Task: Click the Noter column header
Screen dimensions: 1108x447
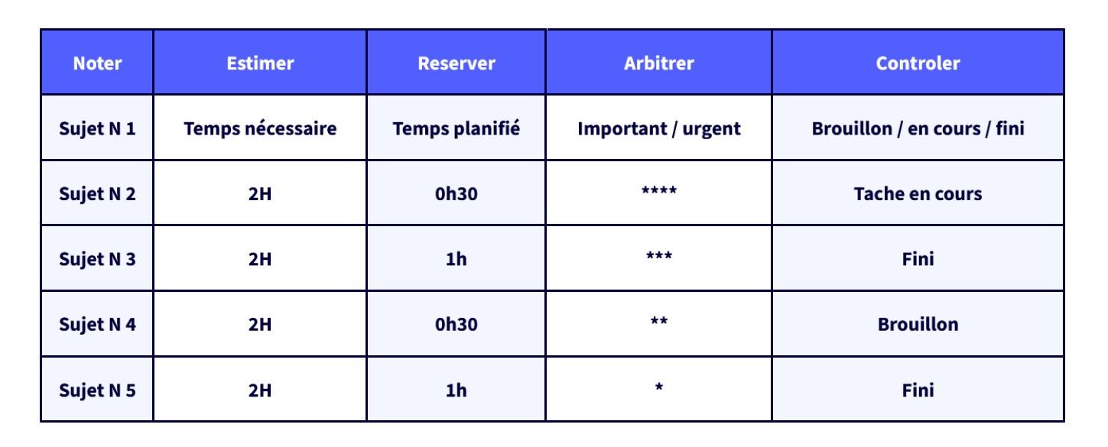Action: [x=97, y=63]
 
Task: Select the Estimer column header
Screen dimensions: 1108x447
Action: [x=260, y=63]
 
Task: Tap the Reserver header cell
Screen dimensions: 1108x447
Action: [x=456, y=63]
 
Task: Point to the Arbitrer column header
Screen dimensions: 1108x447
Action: [x=659, y=63]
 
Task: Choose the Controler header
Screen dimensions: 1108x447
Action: [x=918, y=63]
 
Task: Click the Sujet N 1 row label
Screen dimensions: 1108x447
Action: [x=97, y=129]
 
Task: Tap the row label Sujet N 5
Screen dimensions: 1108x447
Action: [x=97, y=390]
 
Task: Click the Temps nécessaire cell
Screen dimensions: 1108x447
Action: [x=260, y=128]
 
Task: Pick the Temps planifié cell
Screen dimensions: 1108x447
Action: [x=456, y=128]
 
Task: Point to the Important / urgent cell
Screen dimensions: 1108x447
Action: [x=659, y=129]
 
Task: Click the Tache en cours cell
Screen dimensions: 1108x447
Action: [x=918, y=194]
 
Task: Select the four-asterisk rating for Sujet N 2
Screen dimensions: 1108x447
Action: [x=659, y=190]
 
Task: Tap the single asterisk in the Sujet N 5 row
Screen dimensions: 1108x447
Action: [x=659, y=387]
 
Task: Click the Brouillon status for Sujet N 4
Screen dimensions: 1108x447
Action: [x=918, y=325]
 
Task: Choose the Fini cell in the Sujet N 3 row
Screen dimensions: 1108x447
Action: [x=918, y=259]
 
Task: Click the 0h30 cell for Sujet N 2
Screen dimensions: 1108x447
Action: [x=456, y=194]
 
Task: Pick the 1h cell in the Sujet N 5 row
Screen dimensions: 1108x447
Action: [x=456, y=390]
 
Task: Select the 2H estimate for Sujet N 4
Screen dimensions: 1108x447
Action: [x=260, y=325]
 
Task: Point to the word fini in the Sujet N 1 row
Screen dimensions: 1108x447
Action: [x=1009, y=128]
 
